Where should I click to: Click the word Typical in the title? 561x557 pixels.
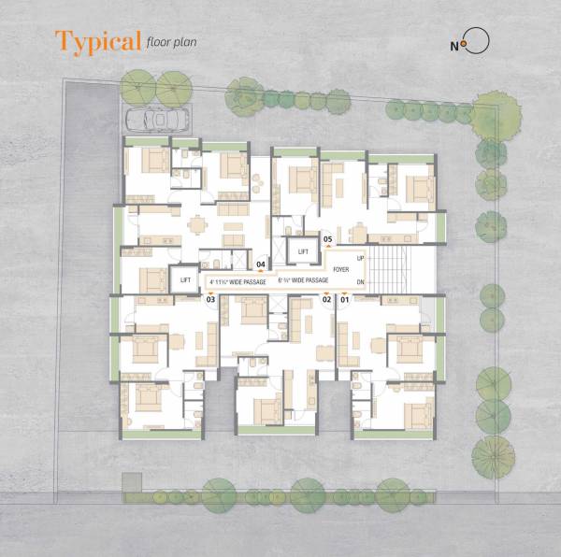coord(98,41)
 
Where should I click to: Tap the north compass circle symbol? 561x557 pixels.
coord(477,42)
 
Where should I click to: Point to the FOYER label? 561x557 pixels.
coord(340,266)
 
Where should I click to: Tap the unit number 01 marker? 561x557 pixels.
coord(344,299)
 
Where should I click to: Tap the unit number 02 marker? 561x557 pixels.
coord(327,299)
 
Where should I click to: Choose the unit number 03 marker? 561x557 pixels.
coord(211,299)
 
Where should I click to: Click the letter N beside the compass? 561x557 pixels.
coord(455,44)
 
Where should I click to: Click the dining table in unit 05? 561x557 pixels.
coord(360,231)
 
